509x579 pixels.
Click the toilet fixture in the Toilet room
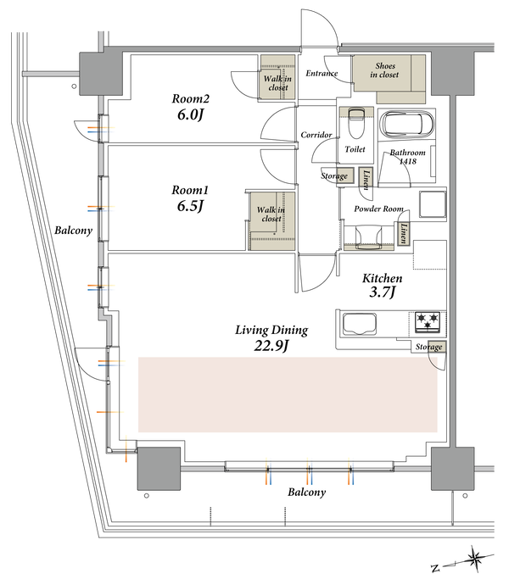tap(356, 123)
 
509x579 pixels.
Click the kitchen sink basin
tap(360, 324)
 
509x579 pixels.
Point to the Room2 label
tap(190, 98)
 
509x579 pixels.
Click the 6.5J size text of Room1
tap(190, 206)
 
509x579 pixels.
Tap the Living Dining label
tap(271, 330)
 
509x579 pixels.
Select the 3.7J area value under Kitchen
tap(383, 292)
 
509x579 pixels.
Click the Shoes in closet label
tap(384, 70)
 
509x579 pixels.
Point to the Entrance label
tap(322, 74)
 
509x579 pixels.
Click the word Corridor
tap(316, 135)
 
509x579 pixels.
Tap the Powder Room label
tap(378, 209)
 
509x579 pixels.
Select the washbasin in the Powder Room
tap(368, 237)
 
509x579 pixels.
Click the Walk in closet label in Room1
tap(271, 214)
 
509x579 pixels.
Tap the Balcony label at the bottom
tap(307, 493)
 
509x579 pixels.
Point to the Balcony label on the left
tap(73, 231)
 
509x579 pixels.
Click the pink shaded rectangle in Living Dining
tap(288, 394)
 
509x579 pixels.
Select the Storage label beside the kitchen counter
tap(428, 347)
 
